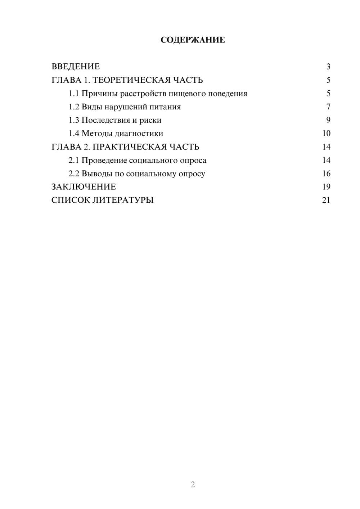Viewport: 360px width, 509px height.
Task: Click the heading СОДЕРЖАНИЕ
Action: pos(193,40)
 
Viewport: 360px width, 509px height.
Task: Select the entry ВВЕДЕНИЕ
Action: pos(76,67)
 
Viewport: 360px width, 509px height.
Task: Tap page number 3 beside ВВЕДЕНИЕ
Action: pos(328,67)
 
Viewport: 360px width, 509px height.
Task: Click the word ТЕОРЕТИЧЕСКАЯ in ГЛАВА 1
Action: pos(131,80)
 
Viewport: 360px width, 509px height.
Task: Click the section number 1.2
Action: pos(74,107)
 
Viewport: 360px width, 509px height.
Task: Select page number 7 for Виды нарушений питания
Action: pos(328,107)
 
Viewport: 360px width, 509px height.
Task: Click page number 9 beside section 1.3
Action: pos(328,120)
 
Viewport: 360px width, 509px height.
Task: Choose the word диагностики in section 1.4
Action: pos(139,134)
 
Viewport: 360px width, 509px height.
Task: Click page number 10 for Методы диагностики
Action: pos(326,134)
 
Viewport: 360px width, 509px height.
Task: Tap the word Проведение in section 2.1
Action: pos(104,160)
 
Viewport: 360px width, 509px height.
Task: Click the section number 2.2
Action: pos(74,174)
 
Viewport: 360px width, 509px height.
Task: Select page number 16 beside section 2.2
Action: pos(326,174)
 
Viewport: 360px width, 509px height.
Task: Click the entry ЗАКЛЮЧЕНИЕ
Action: pos(84,187)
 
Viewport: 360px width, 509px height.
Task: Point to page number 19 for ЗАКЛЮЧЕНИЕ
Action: pos(326,187)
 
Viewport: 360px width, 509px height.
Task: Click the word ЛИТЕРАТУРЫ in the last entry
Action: pos(123,200)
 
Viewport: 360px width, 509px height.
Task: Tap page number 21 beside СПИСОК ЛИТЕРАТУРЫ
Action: pos(326,200)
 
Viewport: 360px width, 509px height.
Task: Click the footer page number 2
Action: pos(193,485)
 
